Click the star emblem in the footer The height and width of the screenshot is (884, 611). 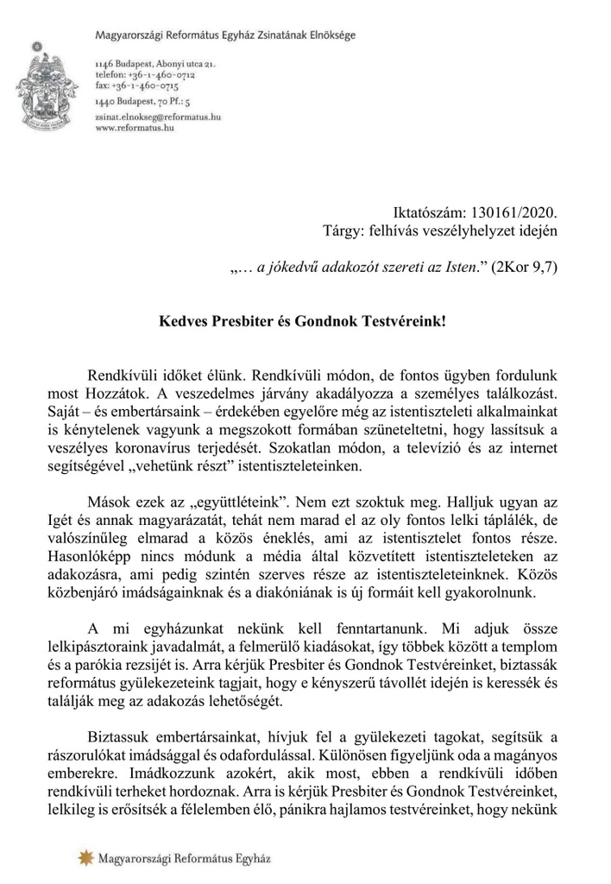click(85, 857)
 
